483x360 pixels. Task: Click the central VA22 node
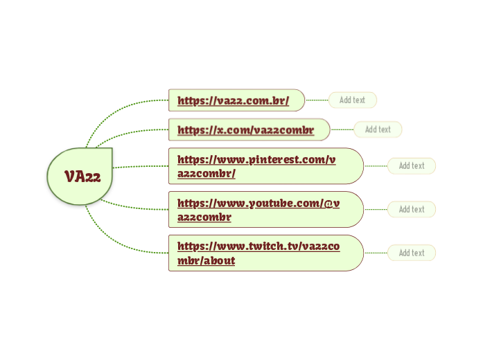82,177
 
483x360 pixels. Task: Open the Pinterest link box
265,166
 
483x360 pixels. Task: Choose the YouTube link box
265,209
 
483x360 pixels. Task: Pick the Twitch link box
265,253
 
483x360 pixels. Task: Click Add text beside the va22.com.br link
352,100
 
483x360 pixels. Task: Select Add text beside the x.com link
378,129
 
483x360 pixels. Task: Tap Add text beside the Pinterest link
412,166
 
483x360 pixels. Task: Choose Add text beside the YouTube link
412,209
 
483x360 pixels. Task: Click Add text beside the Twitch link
412,253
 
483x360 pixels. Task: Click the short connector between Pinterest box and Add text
376,166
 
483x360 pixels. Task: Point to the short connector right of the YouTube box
376,209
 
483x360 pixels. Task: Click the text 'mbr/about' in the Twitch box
206,261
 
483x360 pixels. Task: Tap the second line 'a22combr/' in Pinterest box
207,174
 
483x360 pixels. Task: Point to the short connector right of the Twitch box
376,253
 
